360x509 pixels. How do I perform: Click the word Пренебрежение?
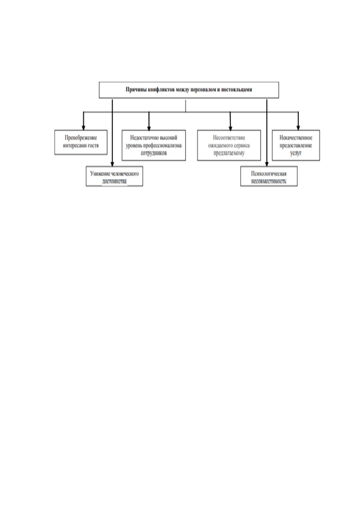(x=81, y=138)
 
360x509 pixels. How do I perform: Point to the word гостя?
(x=93, y=145)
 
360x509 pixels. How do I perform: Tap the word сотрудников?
(x=154, y=153)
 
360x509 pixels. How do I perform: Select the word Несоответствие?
(x=229, y=138)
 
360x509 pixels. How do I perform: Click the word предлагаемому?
(x=229, y=153)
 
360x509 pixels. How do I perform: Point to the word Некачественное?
(x=296, y=138)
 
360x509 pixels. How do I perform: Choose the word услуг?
(x=296, y=153)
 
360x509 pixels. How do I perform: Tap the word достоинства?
(x=114, y=182)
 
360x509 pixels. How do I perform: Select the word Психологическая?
(x=269, y=174)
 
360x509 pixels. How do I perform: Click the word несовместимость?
(x=269, y=182)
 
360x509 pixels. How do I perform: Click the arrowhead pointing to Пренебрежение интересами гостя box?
(x=83, y=128)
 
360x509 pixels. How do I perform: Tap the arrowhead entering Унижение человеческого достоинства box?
(x=112, y=164)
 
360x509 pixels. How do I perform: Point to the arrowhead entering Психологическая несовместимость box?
(x=267, y=164)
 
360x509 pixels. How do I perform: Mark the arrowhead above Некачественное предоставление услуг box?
(x=298, y=128)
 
